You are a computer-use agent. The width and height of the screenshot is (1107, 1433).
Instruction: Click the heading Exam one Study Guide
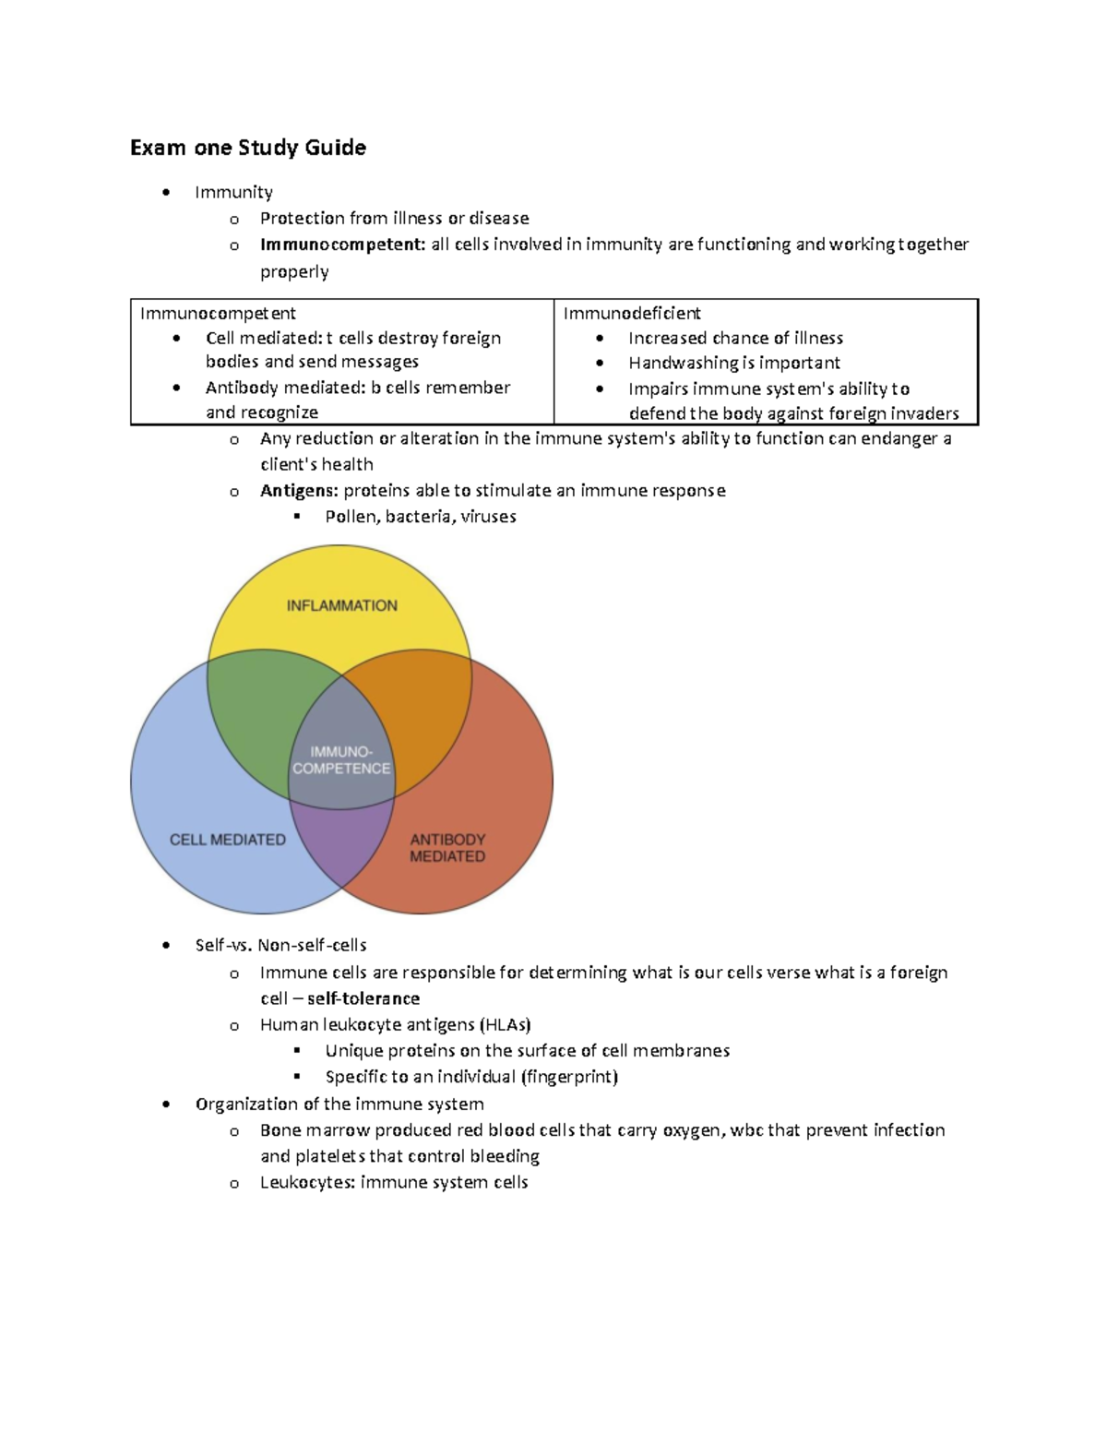point(248,148)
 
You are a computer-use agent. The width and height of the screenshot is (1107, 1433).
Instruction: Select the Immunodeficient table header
point(632,313)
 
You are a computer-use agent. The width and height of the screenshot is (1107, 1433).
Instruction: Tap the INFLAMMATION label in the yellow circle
point(341,605)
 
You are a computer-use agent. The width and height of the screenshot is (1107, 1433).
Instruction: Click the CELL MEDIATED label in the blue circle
point(227,840)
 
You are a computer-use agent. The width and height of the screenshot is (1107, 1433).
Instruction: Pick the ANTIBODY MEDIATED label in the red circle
point(447,848)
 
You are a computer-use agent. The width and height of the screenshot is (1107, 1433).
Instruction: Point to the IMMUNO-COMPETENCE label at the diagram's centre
point(341,760)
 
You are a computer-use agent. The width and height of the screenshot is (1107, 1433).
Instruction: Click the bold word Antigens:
point(299,491)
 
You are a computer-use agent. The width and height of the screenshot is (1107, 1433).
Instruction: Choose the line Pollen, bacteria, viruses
point(420,517)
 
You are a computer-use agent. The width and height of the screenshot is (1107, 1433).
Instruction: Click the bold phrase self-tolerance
point(363,998)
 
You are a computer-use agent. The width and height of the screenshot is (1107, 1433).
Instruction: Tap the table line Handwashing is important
point(733,363)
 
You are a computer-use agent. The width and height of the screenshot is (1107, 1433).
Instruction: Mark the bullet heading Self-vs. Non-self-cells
point(280,945)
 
